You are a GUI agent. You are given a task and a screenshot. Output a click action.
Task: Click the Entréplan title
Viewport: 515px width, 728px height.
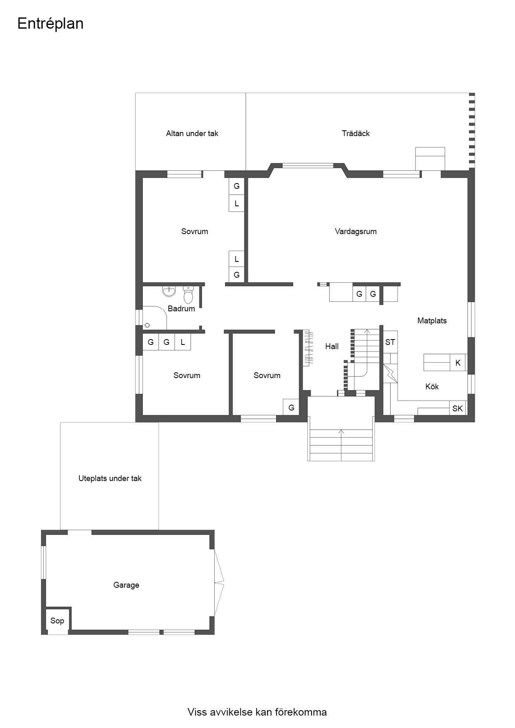point(50,24)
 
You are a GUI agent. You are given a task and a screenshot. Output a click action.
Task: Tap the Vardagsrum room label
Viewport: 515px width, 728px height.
point(356,232)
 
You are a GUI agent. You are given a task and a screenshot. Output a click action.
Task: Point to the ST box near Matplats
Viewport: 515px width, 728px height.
point(390,342)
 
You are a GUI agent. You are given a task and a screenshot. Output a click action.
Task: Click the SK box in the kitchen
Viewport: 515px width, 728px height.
point(457,408)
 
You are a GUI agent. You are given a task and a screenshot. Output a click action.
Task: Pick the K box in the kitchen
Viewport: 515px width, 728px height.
point(458,363)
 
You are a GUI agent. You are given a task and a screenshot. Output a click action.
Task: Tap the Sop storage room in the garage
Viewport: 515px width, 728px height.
point(57,621)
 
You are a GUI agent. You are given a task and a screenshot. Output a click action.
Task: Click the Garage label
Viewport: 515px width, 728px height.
point(126,585)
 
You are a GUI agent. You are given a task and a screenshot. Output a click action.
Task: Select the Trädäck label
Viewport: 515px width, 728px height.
point(356,134)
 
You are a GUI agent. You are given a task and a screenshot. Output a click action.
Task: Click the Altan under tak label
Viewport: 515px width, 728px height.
point(192,134)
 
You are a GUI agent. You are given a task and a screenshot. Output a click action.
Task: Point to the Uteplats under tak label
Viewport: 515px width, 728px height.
point(110,479)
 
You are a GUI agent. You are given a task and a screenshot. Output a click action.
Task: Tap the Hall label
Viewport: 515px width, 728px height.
point(332,347)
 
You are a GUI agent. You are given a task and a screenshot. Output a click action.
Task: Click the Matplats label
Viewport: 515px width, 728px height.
point(432,321)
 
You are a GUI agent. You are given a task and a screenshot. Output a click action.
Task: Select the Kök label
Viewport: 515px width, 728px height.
point(432,387)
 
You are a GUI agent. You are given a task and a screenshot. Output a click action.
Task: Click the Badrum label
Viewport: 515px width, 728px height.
point(181,309)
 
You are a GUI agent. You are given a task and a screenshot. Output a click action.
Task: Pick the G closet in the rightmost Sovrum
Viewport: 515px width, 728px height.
point(291,408)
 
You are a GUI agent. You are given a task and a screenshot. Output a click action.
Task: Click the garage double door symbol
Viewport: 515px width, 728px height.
point(219,583)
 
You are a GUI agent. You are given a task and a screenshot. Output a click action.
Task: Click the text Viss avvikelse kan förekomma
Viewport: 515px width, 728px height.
point(257,712)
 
